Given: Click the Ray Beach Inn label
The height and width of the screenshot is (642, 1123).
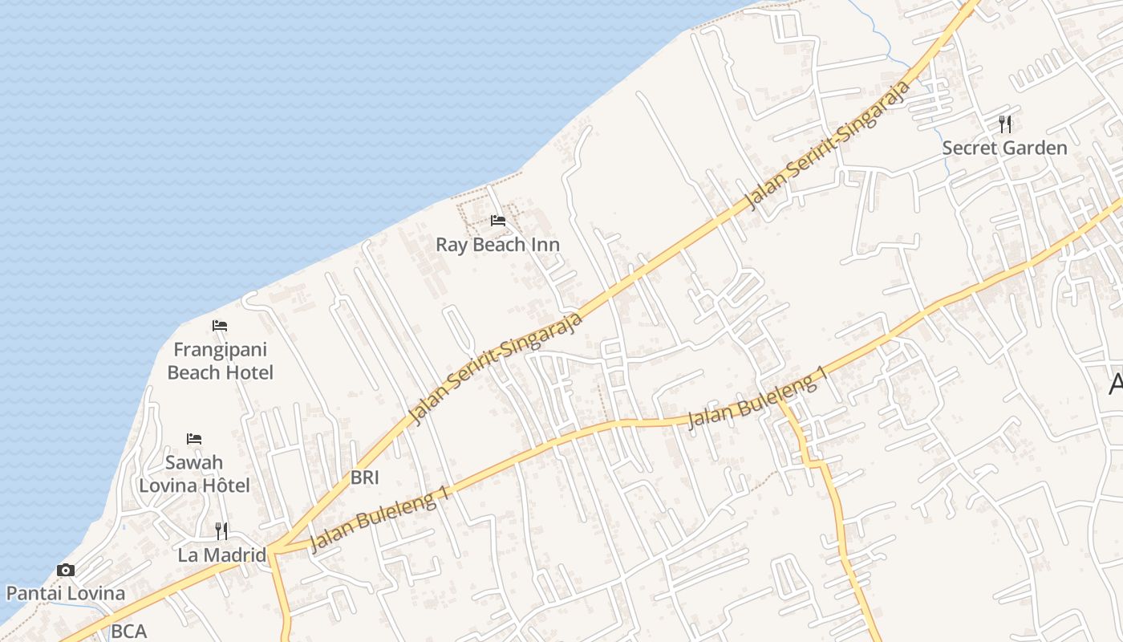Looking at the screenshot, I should coord(497,245).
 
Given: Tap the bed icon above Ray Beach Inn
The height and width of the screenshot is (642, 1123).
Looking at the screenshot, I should coord(498,221).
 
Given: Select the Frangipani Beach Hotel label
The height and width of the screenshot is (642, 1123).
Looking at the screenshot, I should coord(221,361).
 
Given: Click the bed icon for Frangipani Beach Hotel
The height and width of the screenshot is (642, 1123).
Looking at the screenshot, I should coord(220,326).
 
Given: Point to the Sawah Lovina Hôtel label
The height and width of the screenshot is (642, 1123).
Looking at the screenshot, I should coord(194,473).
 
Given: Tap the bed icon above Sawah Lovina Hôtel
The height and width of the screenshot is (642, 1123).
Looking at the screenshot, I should coord(194,439).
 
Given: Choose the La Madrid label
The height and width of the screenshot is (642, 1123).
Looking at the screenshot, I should coord(221,555).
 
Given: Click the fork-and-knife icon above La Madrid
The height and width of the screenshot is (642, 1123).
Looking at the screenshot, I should coord(221,530).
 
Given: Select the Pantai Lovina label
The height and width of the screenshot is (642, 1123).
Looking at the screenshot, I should coord(66,594).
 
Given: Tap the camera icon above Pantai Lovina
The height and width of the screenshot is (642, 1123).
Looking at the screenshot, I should coord(66,571).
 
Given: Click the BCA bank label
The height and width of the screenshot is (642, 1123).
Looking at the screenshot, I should coord(128,632).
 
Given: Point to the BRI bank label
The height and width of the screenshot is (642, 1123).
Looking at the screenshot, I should coord(364,477).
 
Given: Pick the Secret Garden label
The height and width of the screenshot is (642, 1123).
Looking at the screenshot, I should coord(1004,148).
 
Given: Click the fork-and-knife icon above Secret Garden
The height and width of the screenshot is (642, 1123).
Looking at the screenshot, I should coord(1005,124).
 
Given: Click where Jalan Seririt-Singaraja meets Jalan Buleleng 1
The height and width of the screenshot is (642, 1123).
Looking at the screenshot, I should coord(273,549).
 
